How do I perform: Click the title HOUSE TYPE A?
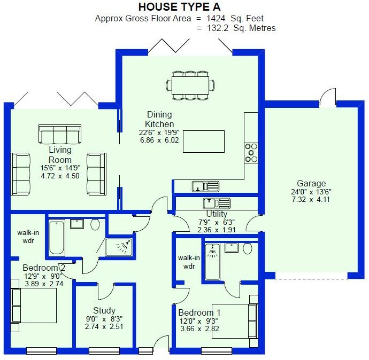pyautogui.click(x=183, y=7)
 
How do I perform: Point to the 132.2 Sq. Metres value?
pyautogui.click(x=241, y=28)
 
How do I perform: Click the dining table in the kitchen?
pyautogui.click(x=190, y=84)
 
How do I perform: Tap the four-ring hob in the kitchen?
pyautogui.click(x=251, y=153)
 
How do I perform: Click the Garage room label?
pyautogui.click(x=312, y=183)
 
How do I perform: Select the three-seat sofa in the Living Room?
pyautogui.click(x=59, y=134)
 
